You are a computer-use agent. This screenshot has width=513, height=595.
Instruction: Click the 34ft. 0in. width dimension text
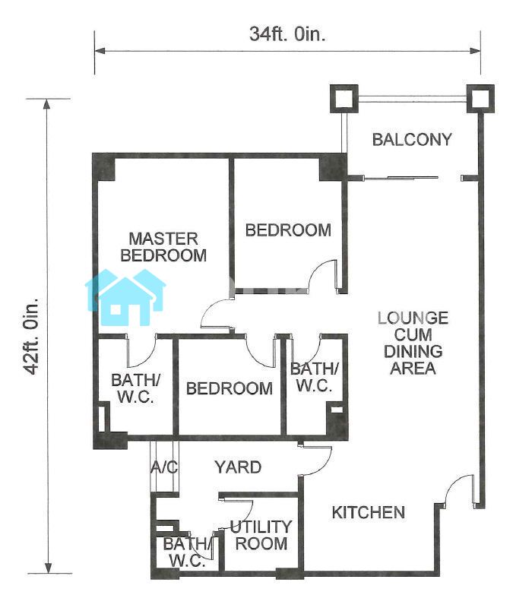pyautogui.click(x=287, y=33)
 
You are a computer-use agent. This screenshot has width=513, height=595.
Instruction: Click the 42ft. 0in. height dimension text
pyautogui.click(x=31, y=336)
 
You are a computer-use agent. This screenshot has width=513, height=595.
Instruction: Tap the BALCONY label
pyautogui.click(x=412, y=140)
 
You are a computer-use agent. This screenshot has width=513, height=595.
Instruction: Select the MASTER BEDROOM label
pyautogui.click(x=163, y=247)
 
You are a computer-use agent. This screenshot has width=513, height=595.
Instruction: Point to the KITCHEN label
pyautogui.click(x=369, y=513)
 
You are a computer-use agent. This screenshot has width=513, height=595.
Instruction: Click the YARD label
pyautogui.click(x=239, y=467)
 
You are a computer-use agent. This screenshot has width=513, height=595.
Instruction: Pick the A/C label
pyautogui.click(x=164, y=467)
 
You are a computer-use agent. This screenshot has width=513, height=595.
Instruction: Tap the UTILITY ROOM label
pyautogui.click(x=261, y=535)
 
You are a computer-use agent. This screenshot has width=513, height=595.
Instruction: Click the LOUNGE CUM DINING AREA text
pyautogui.click(x=413, y=343)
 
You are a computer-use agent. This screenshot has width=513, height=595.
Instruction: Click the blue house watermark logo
pyautogui.click(x=125, y=297)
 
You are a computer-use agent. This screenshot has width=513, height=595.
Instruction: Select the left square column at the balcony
pyautogui.click(x=344, y=99)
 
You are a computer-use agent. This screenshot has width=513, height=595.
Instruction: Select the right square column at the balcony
pyautogui.click(x=480, y=99)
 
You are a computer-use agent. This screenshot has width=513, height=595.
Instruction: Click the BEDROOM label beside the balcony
pyautogui.click(x=288, y=230)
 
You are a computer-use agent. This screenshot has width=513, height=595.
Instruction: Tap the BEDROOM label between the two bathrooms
pyautogui.click(x=230, y=388)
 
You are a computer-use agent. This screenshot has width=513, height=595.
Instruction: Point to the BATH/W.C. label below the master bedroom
pyautogui.click(x=135, y=388)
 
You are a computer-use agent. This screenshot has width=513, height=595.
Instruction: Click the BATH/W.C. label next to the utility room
pyautogui.click(x=187, y=552)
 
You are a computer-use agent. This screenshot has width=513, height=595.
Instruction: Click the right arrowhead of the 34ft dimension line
pyautogui.click(x=476, y=51)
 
